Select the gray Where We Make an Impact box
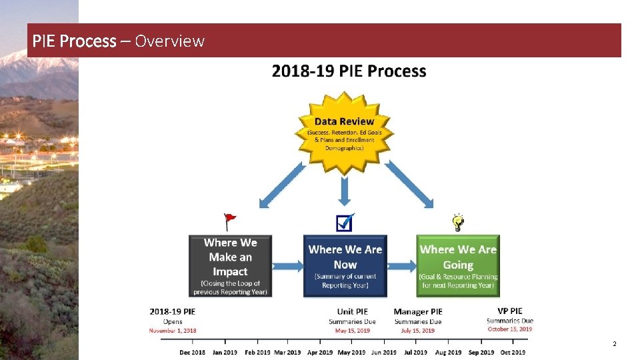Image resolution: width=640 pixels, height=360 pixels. point(230,265)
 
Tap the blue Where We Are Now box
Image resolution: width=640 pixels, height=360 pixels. point(345,265)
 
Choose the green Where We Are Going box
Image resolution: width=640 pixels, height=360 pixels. point(458,265)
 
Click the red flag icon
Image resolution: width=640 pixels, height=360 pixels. point(230,219)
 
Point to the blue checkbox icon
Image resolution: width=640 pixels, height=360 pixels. point(345,222)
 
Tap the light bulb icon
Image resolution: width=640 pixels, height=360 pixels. point(458,221)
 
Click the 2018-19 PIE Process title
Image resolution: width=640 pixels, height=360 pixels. point(349,71)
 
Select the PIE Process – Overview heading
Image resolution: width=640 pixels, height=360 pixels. point(119,41)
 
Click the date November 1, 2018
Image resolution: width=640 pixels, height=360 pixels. point(173,331)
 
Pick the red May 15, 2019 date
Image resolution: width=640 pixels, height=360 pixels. point(352,331)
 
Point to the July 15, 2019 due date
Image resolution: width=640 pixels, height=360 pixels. point(418,331)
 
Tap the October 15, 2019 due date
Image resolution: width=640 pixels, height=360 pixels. point(510,329)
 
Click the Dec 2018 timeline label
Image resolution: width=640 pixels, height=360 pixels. point(193,352)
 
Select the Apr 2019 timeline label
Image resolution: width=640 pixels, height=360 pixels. point(320,352)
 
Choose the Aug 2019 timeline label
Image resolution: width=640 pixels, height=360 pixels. point(448,352)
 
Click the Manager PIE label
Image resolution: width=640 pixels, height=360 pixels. point(418,311)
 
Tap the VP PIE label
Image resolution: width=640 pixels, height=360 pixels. point(510,311)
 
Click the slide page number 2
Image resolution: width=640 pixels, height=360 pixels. point(614,344)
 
